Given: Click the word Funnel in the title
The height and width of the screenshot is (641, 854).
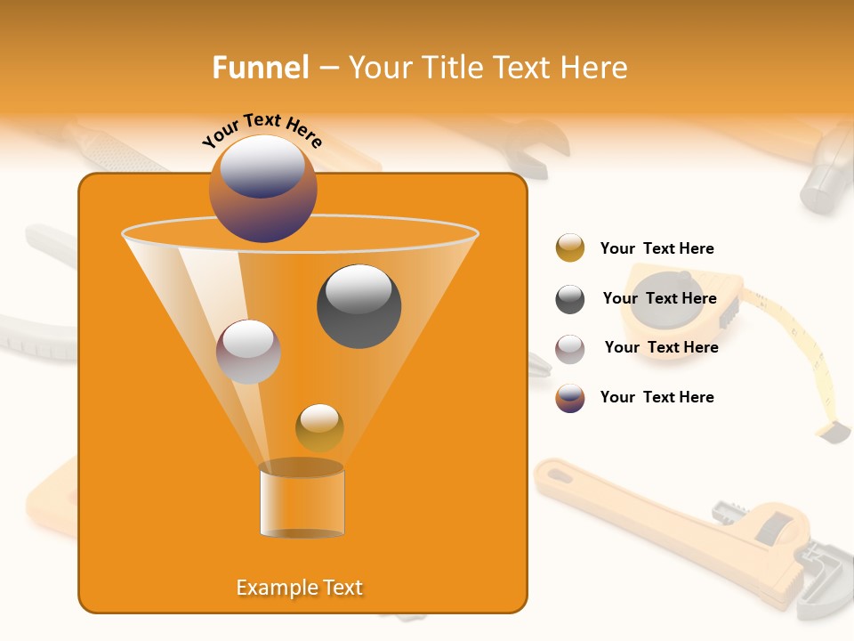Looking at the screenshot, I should pos(260,68).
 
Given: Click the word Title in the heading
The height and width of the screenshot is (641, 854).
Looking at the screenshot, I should pos(452,68).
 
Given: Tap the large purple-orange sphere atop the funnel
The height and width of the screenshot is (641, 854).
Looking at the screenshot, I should pos(262,188).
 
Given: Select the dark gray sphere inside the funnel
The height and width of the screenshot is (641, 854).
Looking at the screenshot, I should pos(359,305).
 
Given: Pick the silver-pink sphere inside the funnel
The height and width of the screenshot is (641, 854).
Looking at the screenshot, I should pos(248,352).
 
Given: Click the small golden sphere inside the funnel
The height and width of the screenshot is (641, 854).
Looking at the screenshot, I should pos(319,427).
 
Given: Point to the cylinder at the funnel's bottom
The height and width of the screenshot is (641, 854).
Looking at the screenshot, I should pos(302,502).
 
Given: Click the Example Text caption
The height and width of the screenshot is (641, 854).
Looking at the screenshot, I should pos(300,588).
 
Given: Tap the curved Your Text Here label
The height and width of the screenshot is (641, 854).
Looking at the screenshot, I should pos(262,130).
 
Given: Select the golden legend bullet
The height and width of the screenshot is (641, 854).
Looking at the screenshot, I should pos(570,248).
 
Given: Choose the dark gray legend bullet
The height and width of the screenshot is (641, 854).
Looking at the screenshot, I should pos(570,299).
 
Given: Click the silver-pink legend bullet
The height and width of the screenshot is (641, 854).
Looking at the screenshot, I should pos(570,349).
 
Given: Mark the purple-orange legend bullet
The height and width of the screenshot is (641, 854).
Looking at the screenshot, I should pos(570,398).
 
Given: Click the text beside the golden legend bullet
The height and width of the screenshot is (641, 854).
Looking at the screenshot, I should pos(657,248).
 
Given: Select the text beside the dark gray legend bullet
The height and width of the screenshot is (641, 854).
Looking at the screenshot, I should pos(659,298).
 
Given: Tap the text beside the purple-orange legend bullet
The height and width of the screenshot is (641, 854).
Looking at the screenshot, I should pos(657,397).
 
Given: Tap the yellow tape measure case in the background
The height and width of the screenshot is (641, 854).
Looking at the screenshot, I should pos(681,307).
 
